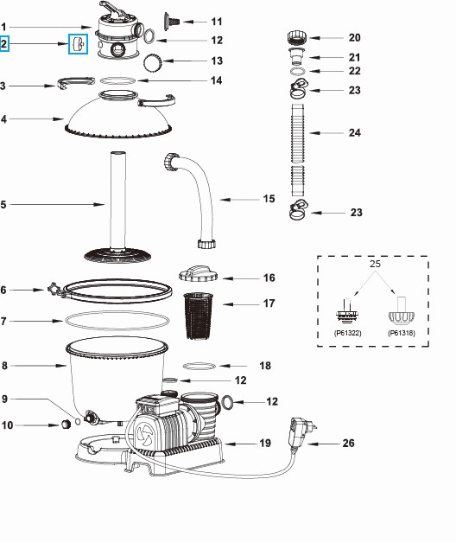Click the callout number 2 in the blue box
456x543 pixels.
pos(5,42)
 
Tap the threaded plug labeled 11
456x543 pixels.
pos(177,18)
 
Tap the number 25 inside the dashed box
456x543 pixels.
pos(375,262)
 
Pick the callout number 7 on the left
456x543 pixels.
pos(5,321)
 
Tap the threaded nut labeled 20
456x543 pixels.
pos(297,39)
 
